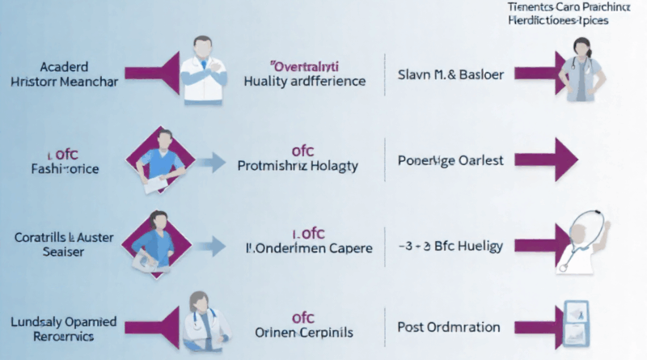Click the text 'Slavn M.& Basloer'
click(x=451, y=74)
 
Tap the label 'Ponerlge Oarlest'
click(x=451, y=160)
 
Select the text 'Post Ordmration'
click(x=449, y=328)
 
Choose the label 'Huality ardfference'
click(x=304, y=81)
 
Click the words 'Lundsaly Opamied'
click(x=65, y=321)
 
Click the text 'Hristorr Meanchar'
click(x=65, y=81)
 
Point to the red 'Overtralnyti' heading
click(x=304, y=62)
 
